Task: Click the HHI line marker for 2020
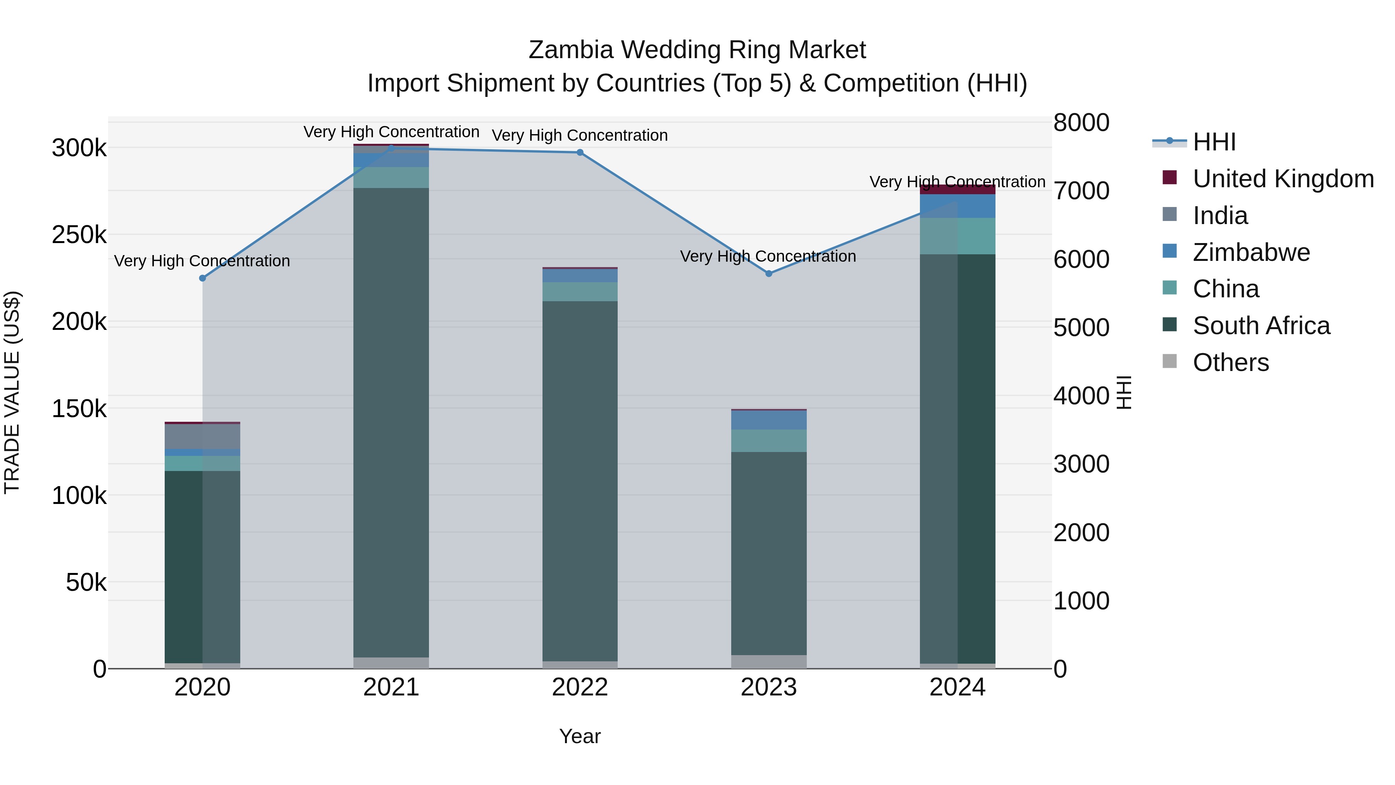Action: pos(203,278)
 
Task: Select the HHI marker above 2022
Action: pos(579,152)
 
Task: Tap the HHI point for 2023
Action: pos(768,274)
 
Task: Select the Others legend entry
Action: pos(1230,362)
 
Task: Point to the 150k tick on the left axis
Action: pos(79,409)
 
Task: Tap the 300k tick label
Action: pos(79,148)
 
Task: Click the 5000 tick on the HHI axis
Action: pos(1081,327)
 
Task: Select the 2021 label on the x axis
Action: pos(391,687)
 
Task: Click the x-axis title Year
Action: pos(579,736)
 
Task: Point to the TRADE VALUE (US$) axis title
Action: pos(12,392)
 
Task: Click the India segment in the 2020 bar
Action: pos(203,436)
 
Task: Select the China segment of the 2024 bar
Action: pos(958,236)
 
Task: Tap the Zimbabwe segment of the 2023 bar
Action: pos(768,420)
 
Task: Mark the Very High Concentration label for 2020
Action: pos(202,261)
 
